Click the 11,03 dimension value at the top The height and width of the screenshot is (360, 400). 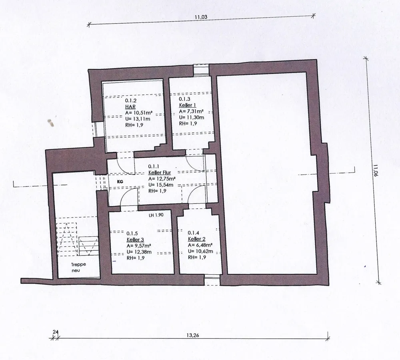(201, 17)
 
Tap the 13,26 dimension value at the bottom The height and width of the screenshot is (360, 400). (193, 335)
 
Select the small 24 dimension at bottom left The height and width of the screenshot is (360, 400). (55, 332)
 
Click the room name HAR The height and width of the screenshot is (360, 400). (130, 107)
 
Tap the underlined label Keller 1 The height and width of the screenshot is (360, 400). (188, 105)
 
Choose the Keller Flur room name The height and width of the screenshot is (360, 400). (160, 173)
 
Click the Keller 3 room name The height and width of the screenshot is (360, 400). (135, 240)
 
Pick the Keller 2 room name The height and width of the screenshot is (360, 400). (197, 239)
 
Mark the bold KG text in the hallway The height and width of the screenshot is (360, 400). (120, 182)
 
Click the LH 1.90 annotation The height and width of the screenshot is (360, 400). (156, 215)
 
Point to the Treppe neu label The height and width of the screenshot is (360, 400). (78, 267)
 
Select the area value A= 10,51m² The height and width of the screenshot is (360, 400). (139, 113)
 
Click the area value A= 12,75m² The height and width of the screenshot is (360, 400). (162, 179)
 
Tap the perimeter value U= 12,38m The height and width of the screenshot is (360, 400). (139, 252)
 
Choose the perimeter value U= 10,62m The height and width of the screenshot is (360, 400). (200, 251)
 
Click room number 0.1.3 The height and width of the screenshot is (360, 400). (184, 99)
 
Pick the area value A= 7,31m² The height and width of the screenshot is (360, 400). (191, 111)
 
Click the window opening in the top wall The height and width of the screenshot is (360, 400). (201, 70)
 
